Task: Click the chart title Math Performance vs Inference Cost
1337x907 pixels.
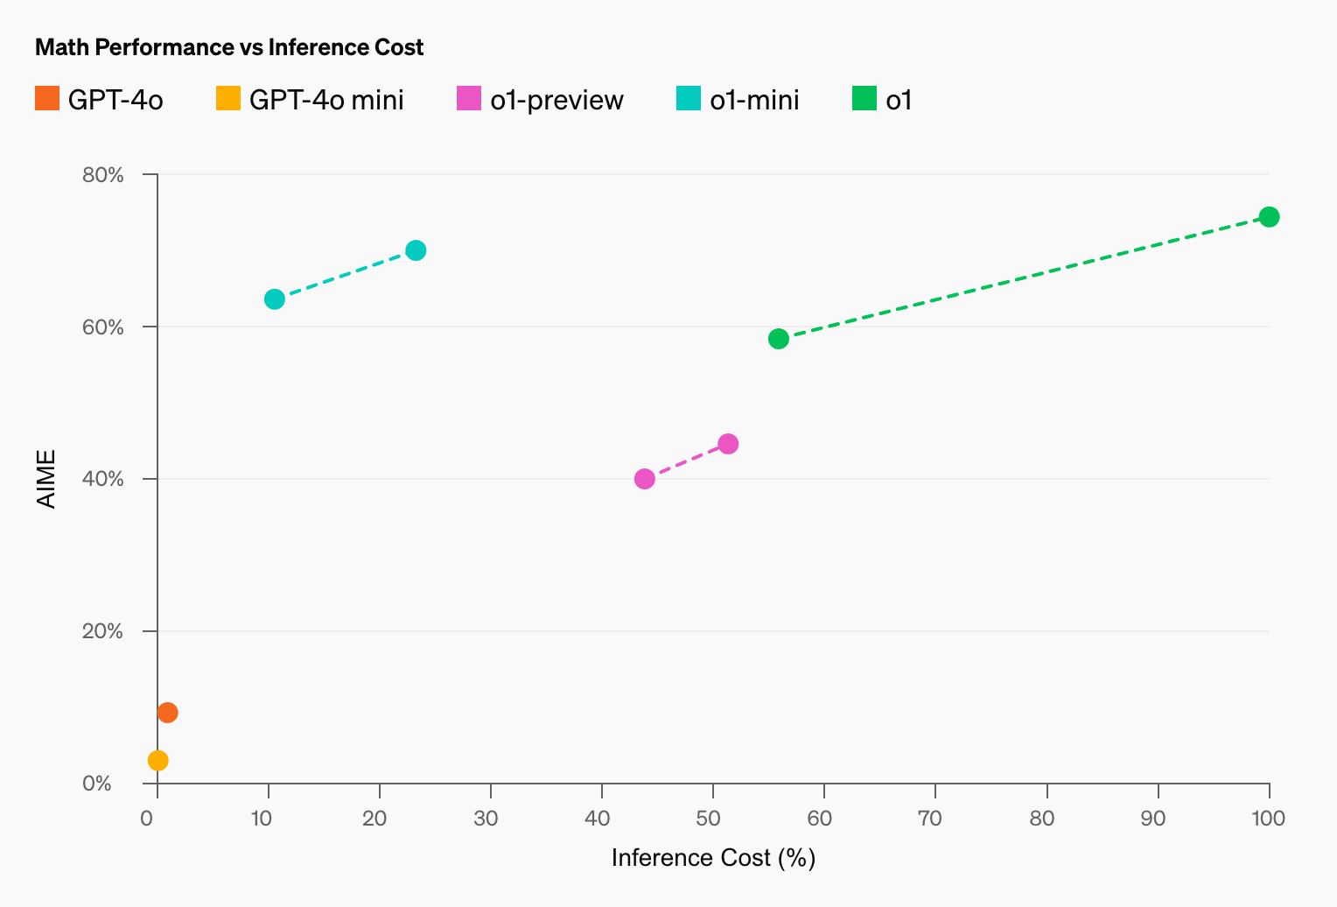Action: pos(229,47)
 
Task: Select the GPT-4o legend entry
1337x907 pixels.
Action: pos(100,100)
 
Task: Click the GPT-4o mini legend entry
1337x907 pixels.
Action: pos(310,100)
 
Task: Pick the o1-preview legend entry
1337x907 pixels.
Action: pos(541,100)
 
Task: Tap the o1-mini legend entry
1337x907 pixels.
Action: pos(738,100)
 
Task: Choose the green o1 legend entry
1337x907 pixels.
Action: pos(883,100)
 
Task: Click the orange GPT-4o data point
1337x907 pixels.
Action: pos(167,713)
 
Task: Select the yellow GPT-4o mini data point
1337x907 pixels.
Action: pos(158,760)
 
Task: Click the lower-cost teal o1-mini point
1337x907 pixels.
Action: pos(275,299)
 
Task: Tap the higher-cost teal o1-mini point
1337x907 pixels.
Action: pos(416,250)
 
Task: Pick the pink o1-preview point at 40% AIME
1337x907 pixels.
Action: pos(645,479)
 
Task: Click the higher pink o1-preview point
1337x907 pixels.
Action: pos(728,444)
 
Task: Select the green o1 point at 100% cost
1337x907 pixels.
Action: pos(1269,217)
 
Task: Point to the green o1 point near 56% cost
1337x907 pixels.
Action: pos(779,339)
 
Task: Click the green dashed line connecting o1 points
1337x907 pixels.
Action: pos(1024,278)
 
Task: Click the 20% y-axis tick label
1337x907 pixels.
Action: pos(103,631)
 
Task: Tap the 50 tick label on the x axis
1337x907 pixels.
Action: pos(713,819)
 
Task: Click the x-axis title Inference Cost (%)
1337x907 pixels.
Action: pos(713,858)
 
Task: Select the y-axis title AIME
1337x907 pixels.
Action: pos(46,479)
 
